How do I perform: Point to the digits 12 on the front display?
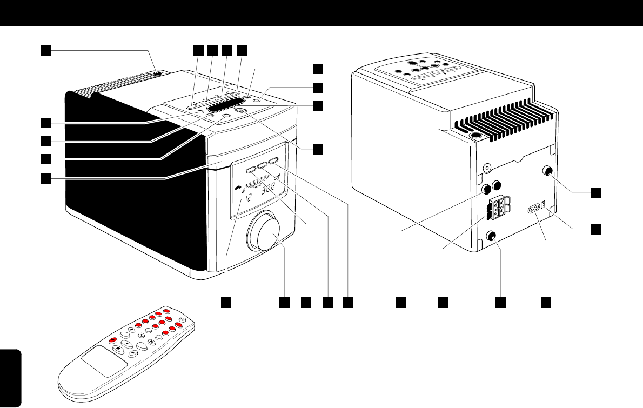pyautogui.click(x=249, y=198)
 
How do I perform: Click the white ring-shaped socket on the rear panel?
pyautogui.click(x=487, y=169)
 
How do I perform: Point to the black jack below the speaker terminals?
pyautogui.click(x=491, y=236)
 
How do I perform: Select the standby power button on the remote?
pyautogui.click(x=183, y=319)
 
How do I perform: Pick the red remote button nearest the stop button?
pyautogui.click(x=112, y=340)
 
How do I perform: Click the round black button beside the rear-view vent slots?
pyautogui.click(x=476, y=137)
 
